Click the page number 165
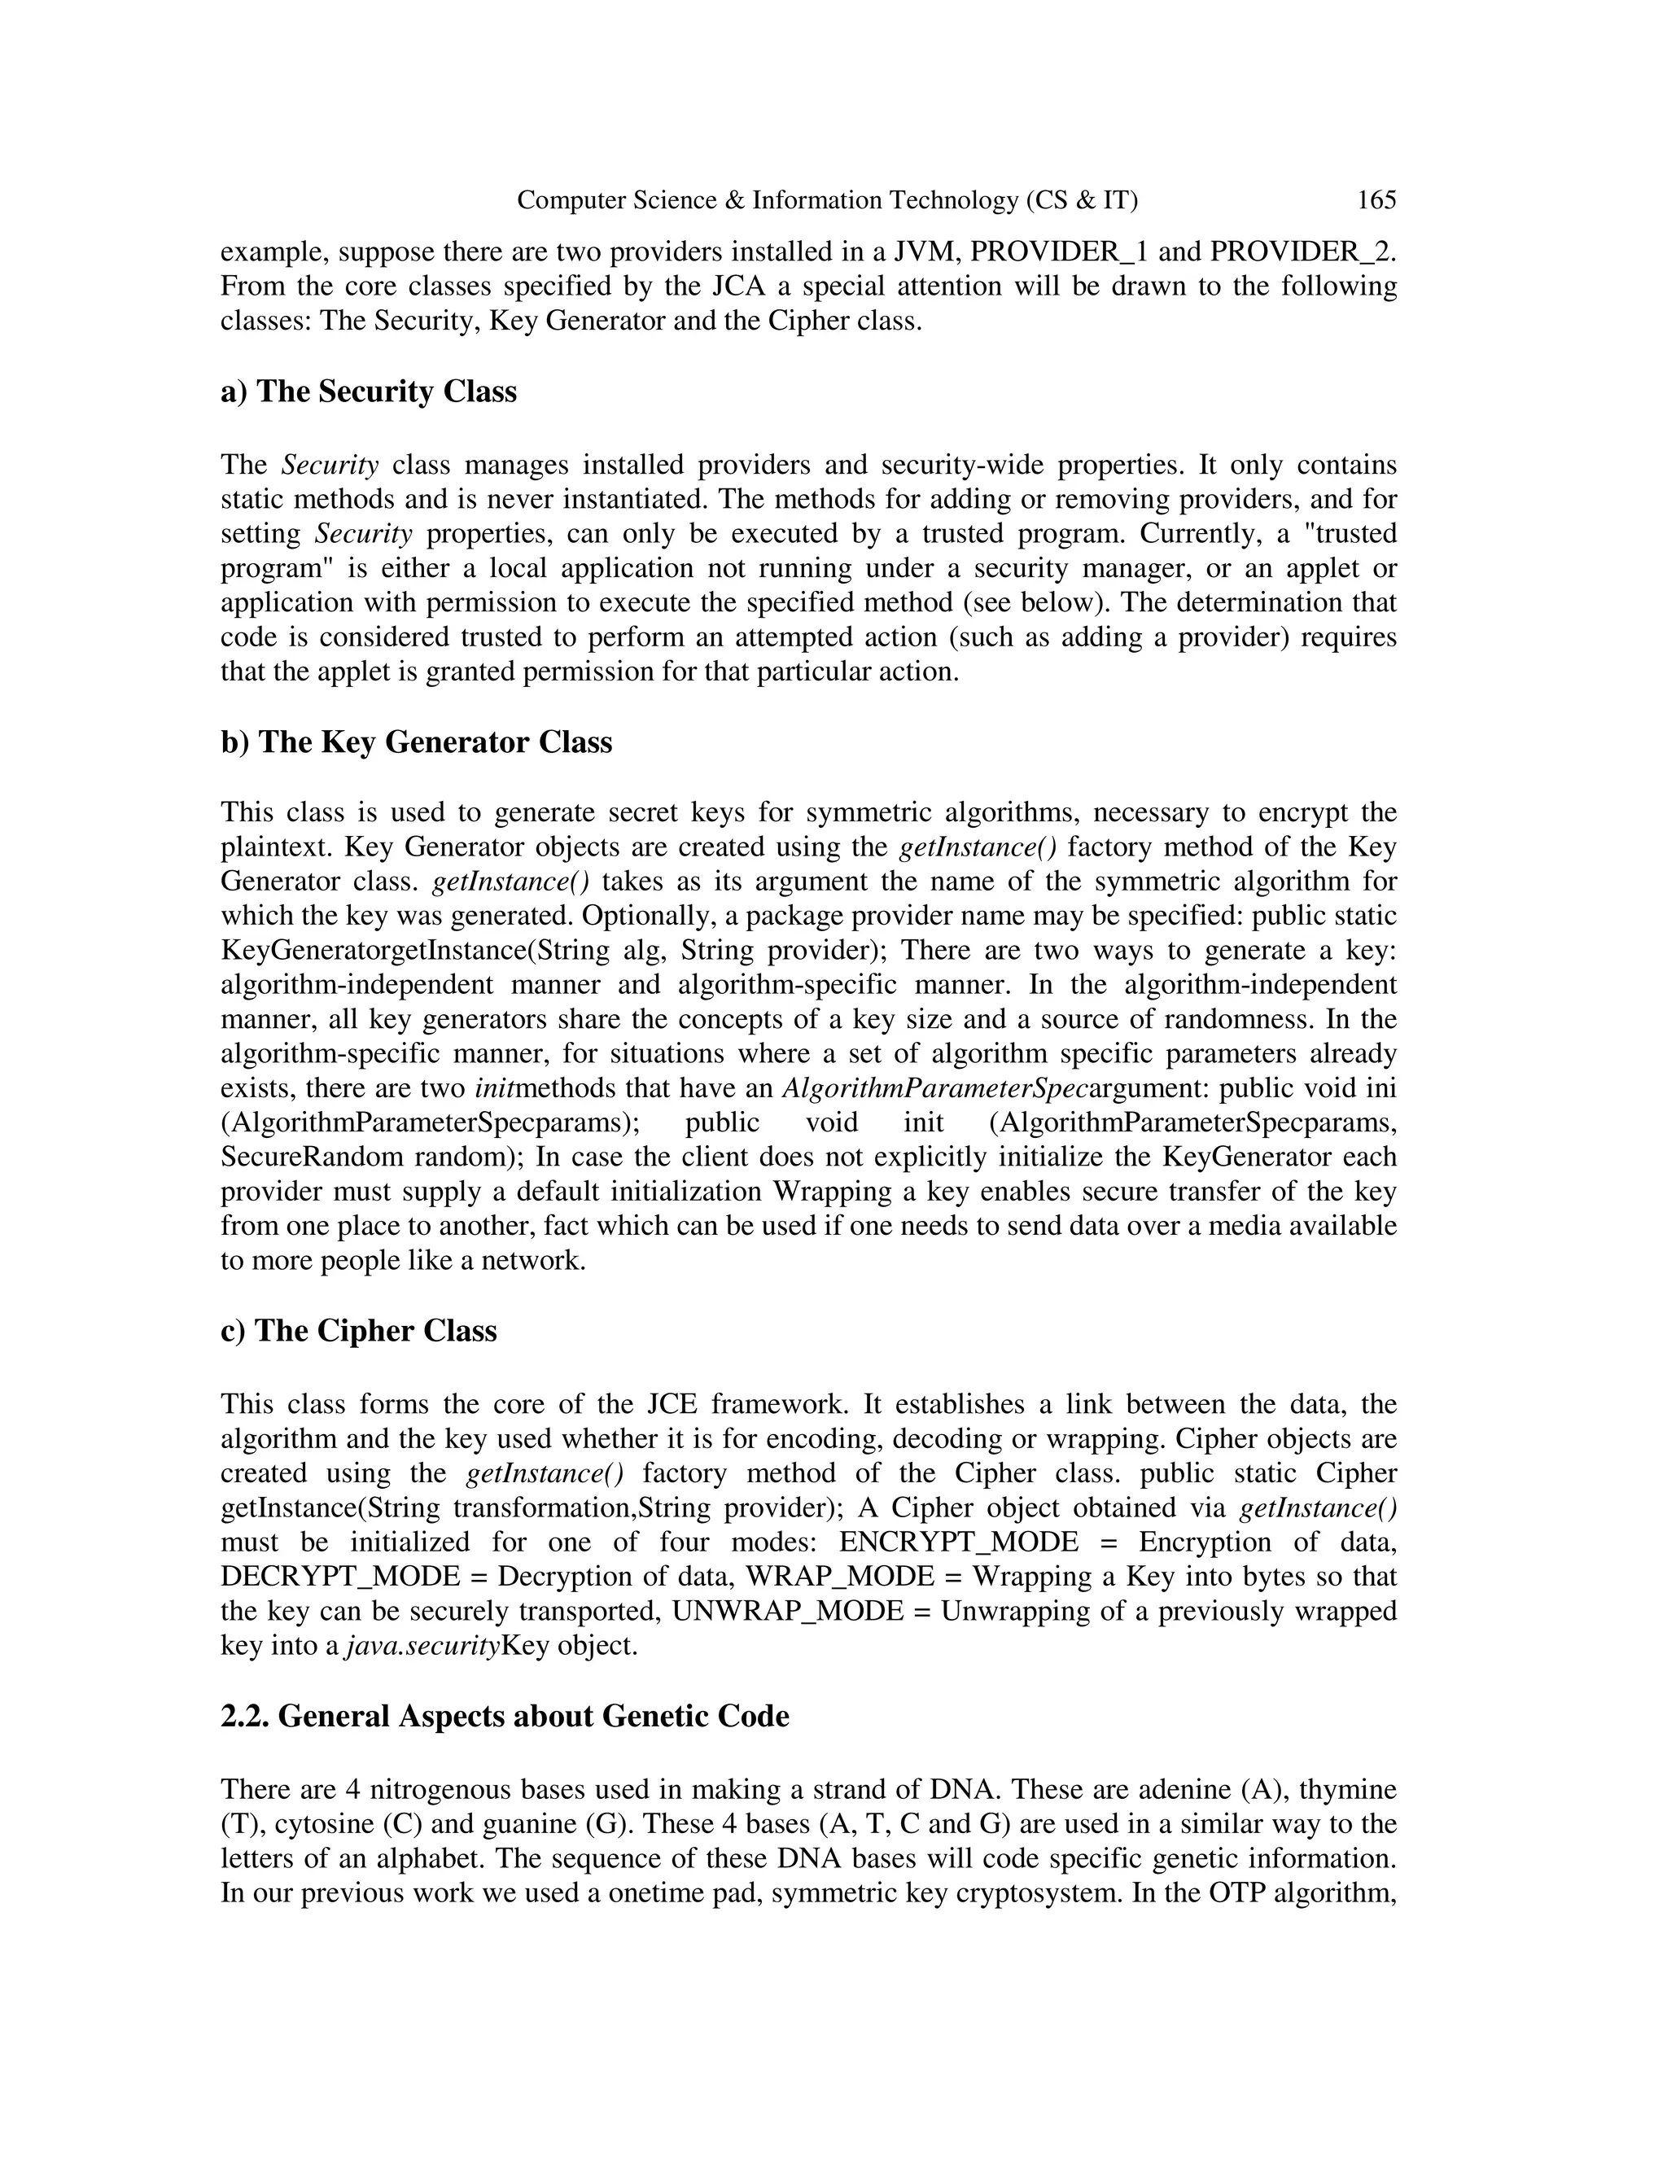1376,200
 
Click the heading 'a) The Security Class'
369,392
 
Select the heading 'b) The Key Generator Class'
416,742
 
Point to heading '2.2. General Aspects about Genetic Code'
505,1716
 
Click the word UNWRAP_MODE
787,1611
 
